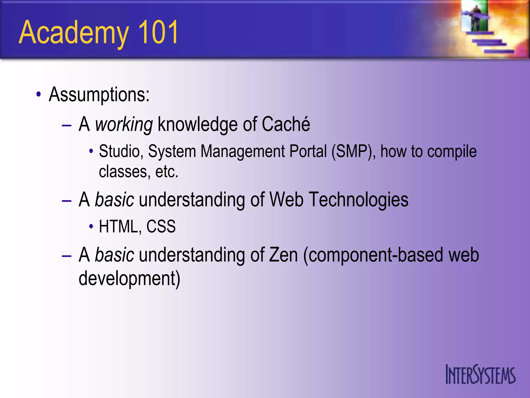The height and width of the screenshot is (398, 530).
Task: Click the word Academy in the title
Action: pos(74,32)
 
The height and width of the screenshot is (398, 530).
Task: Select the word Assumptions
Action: pos(99,94)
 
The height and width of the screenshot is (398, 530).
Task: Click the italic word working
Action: pos(124,125)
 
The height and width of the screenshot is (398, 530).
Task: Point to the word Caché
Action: pos(286,124)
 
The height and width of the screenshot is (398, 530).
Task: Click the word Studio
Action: pos(121,151)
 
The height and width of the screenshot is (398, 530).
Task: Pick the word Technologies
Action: pos(359,200)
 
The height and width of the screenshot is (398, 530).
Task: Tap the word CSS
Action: pos(161,226)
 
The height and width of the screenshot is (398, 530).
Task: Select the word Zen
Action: pos(283,255)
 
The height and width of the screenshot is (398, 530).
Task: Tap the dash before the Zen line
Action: pos(67,256)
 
